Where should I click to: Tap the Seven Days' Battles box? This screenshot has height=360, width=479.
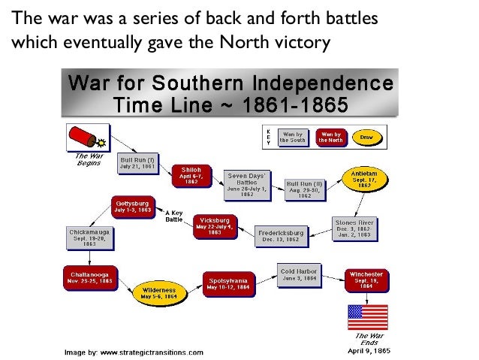coord(246,183)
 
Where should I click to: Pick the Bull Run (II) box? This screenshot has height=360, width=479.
coord(304,188)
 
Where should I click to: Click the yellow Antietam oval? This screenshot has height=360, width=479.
coord(365,180)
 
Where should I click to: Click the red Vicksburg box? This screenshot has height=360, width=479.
coord(215,225)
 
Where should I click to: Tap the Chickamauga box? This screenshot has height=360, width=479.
coord(89,237)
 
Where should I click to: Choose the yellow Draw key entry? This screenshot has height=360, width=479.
coord(366,137)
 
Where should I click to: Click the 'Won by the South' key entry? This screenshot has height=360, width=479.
coord(292,137)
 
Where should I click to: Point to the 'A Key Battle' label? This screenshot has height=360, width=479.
coord(173,216)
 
